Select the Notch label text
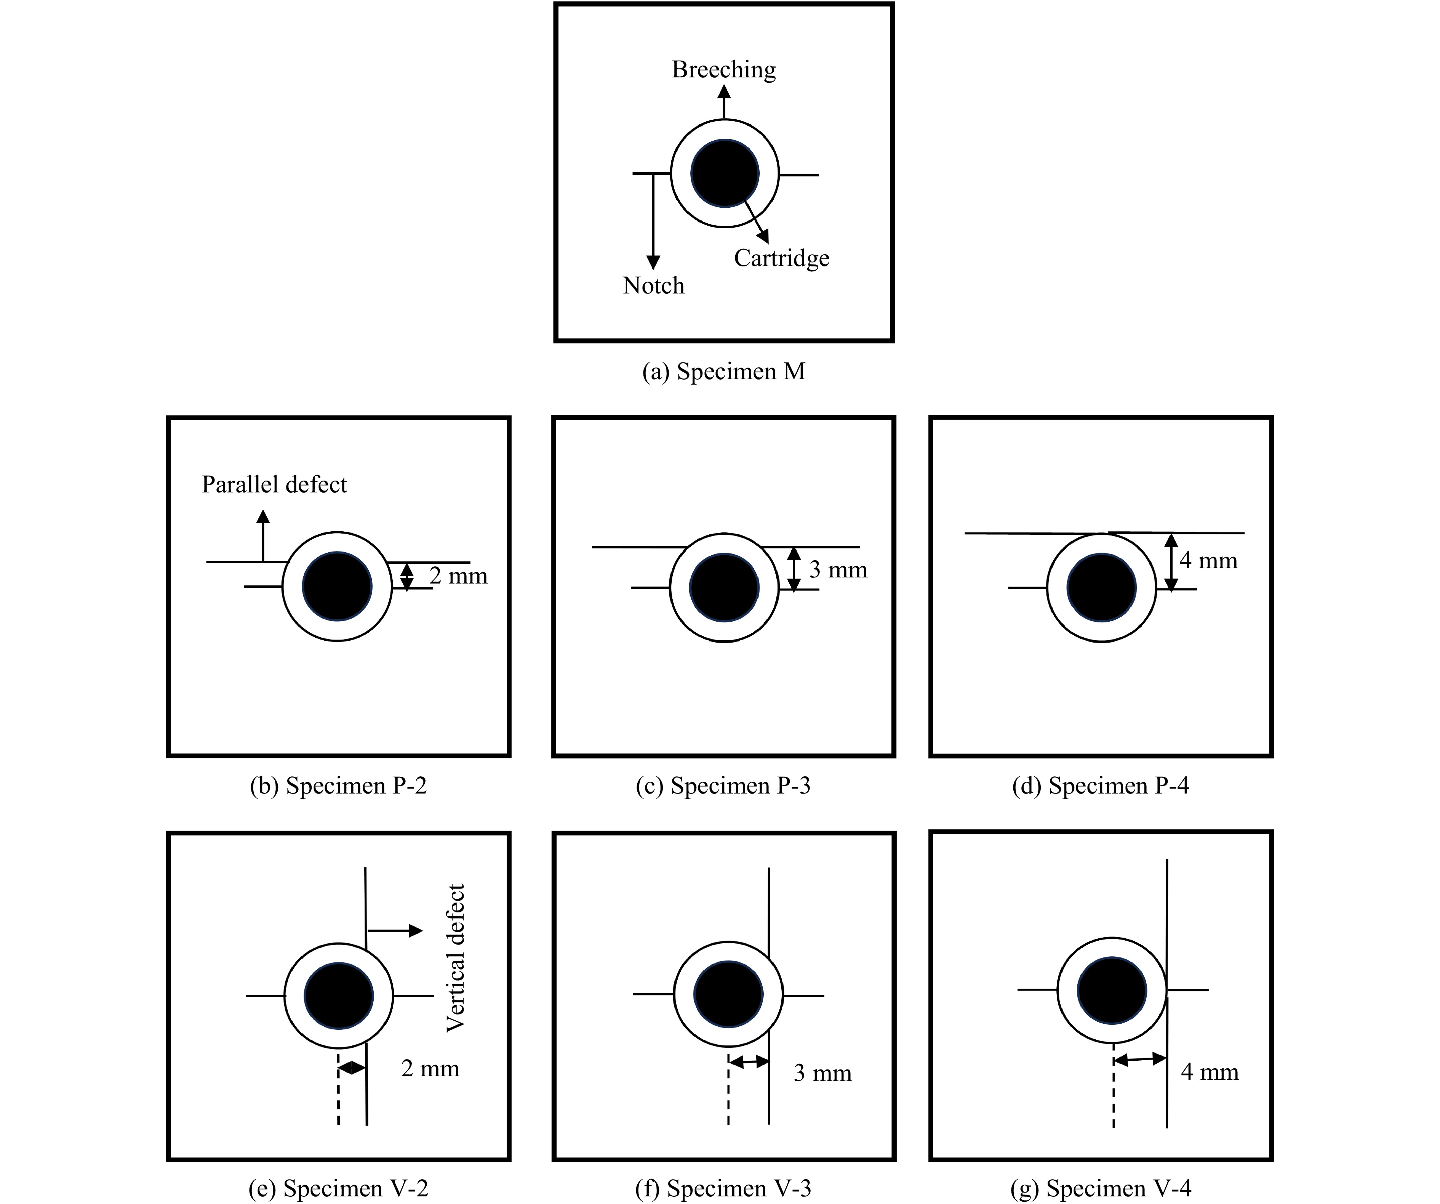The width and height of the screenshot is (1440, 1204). [653, 285]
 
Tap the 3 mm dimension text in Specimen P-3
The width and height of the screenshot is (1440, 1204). [838, 569]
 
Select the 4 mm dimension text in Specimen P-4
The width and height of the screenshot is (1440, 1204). [1208, 561]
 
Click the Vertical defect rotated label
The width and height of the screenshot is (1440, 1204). [455, 958]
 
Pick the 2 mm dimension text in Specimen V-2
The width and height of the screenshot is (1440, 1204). [430, 1068]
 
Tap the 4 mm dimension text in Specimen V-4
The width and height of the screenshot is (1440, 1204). [1210, 1072]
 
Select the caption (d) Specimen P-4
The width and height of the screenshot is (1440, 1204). [1101, 786]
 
